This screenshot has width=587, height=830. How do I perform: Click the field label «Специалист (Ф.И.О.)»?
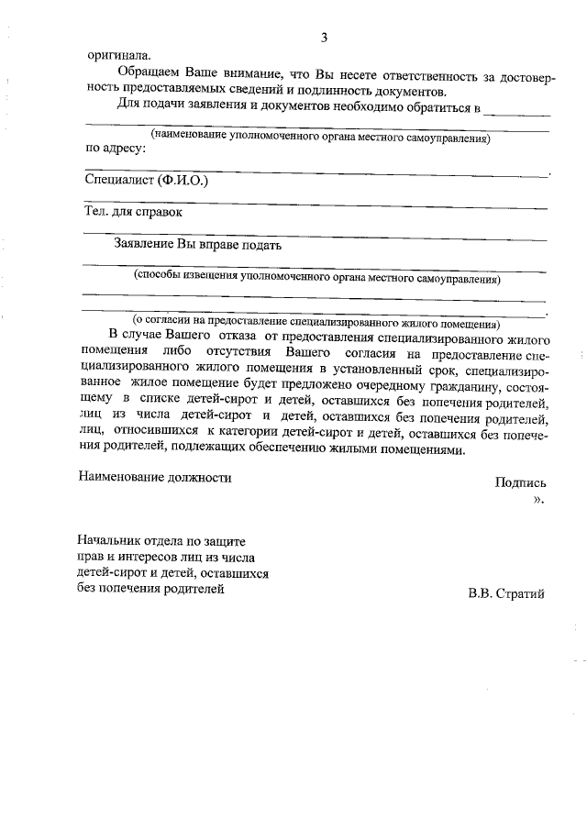pyautogui.click(x=146, y=180)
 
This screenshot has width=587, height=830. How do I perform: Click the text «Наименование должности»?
pyautogui.click(x=155, y=477)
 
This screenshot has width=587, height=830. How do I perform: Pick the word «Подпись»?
pyautogui.click(x=520, y=482)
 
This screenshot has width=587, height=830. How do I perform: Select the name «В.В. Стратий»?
pyautogui.click(x=506, y=593)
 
